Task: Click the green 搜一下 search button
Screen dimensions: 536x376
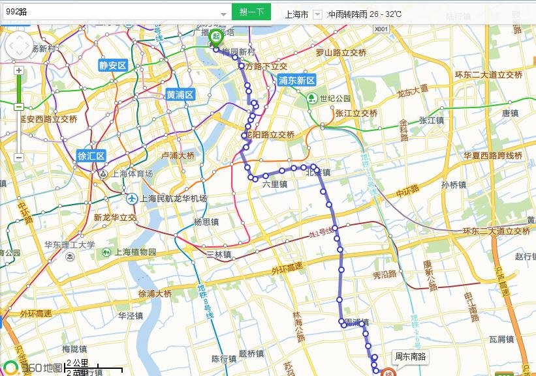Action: (251, 12)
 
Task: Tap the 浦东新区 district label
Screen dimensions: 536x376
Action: (296, 80)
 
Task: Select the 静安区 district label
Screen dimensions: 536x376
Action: (112, 65)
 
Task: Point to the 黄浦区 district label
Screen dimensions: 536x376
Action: (180, 94)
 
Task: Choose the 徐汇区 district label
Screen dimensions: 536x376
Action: (91, 156)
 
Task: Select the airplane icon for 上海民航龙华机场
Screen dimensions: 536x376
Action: (132, 197)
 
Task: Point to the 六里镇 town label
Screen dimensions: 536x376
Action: (275, 184)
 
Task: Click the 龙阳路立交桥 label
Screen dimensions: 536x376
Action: (268, 135)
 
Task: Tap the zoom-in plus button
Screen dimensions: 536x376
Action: (19, 70)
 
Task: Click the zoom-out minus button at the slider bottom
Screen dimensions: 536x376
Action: (19, 158)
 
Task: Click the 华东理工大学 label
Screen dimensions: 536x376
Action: (70, 246)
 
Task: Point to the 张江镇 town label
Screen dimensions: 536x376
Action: (431, 120)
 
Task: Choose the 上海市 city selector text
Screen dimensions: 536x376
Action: (296, 14)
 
